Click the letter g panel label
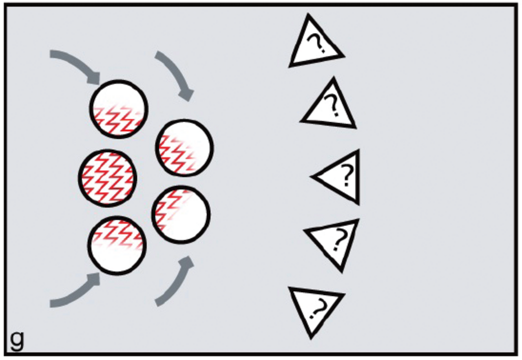tap(17, 341)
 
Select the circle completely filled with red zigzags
tap(107, 178)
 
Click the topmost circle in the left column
tap(119, 109)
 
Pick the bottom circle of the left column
tap(117, 245)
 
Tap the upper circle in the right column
tap(184, 148)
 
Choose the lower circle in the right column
tap(181, 214)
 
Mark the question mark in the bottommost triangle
tap(317, 308)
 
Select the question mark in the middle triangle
tap(347, 175)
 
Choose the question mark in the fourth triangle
tap(338, 239)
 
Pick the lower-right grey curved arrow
tap(176, 283)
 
